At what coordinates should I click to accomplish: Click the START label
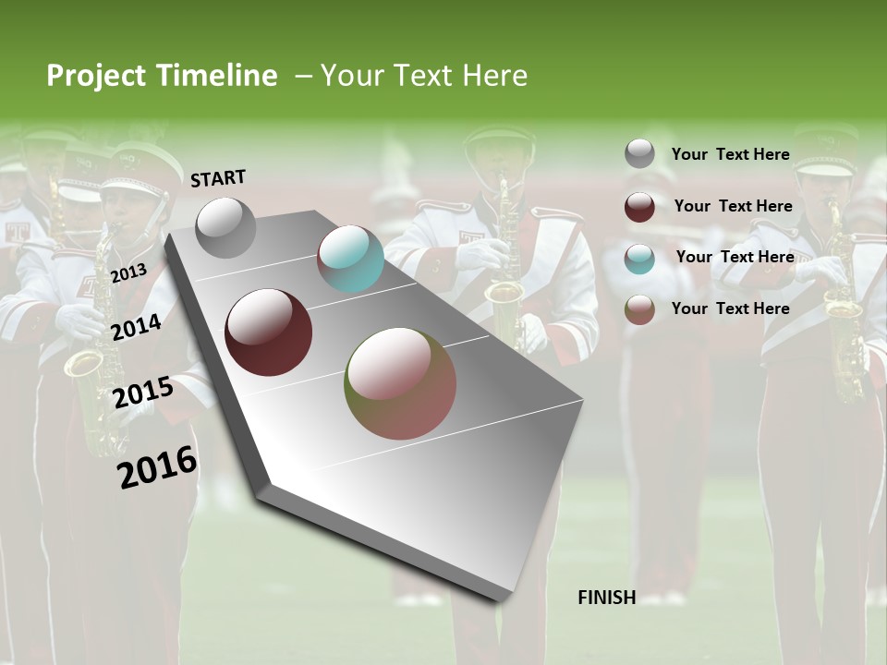tap(218, 178)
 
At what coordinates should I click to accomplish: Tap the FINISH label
tap(606, 598)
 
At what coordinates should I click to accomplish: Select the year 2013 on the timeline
tap(128, 272)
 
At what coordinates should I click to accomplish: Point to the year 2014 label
tap(137, 327)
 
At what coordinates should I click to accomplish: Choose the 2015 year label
tap(143, 393)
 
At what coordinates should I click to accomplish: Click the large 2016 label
tap(157, 467)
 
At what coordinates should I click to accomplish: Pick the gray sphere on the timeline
tap(226, 227)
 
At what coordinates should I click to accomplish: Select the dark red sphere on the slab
tap(269, 332)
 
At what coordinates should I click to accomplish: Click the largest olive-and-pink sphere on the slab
tap(400, 383)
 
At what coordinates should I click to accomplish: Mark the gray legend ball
tap(639, 154)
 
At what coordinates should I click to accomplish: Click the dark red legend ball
tap(639, 207)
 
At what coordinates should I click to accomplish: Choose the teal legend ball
tap(639, 258)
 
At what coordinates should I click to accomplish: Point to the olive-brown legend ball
tap(639, 309)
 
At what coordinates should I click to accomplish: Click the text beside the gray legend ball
tap(730, 154)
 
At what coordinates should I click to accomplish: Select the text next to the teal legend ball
tap(735, 257)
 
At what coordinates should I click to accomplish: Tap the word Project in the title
tap(97, 76)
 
